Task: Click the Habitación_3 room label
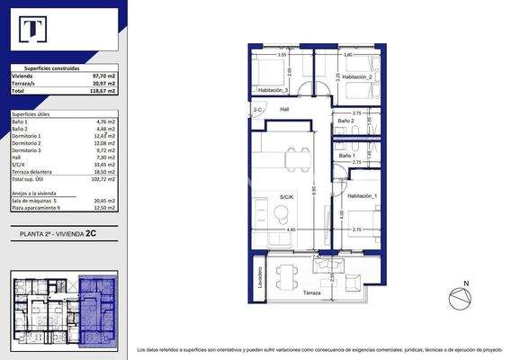click(272, 91)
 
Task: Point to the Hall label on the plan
click(285, 109)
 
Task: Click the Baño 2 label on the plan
click(346, 121)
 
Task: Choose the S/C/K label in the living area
click(287, 195)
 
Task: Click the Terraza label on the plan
click(311, 293)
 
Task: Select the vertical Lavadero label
click(258, 277)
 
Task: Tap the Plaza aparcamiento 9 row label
click(38, 208)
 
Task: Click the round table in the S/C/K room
click(281, 212)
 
